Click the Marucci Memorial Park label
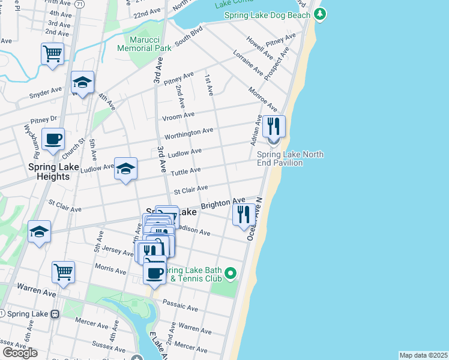click(x=144, y=43)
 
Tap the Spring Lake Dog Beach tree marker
click(x=321, y=14)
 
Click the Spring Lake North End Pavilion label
click(x=294, y=158)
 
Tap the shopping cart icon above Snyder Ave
click(x=53, y=54)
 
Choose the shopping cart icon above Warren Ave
click(x=63, y=272)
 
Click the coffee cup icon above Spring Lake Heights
click(x=53, y=139)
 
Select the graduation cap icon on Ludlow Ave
click(x=126, y=169)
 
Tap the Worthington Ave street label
click(x=188, y=131)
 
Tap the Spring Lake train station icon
click(x=55, y=314)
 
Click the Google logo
click(x=20, y=352)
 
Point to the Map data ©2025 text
click(x=423, y=355)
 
